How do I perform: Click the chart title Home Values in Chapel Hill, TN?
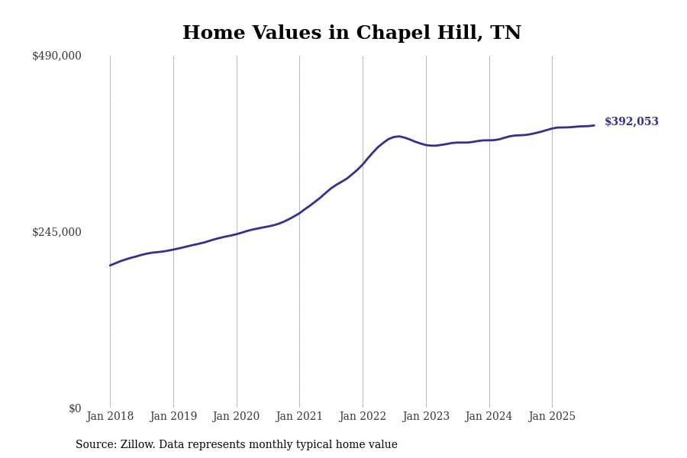click(x=352, y=34)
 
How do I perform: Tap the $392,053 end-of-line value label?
click(x=631, y=122)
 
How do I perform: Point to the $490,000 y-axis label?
click(x=56, y=56)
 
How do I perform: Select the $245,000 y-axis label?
click(x=56, y=232)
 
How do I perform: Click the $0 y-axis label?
click(x=75, y=408)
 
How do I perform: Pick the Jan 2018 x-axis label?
click(x=110, y=417)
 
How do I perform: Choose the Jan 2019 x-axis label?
click(x=173, y=417)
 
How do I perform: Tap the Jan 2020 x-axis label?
click(x=236, y=417)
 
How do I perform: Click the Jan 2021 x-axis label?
click(x=299, y=417)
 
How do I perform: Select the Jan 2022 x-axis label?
click(x=363, y=417)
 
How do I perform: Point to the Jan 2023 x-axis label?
click(x=426, y=417)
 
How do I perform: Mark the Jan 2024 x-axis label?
click(x=489, y=417)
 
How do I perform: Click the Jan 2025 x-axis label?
click(x=552, y=417)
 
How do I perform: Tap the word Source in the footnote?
click(x=95, y=445)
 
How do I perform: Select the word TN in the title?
click(x=506, y=34)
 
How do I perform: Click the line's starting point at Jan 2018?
click(x=110, y=265)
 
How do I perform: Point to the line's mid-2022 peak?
click(x=398, y=137)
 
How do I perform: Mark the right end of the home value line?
click(x=594, y=125)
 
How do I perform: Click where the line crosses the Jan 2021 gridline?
click(x=299, y=213)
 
